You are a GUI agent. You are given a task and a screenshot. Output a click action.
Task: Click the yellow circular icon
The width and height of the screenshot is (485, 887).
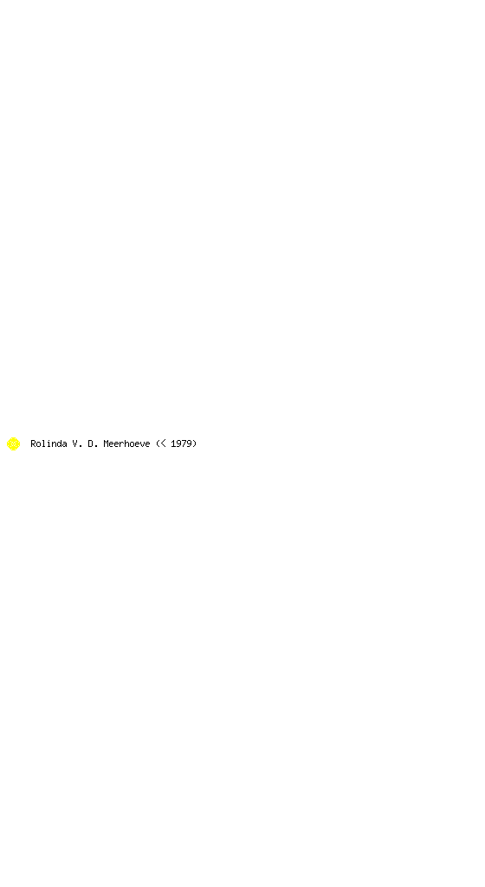[13, 443]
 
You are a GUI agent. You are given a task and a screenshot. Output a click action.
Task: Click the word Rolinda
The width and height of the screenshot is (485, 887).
[48, 443]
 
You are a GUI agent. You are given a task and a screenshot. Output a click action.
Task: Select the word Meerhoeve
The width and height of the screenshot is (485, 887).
[126, 443]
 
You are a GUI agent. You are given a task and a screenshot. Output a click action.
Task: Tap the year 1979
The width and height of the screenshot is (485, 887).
[181, 443]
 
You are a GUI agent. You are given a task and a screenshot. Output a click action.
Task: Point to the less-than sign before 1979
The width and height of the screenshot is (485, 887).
[164, 443]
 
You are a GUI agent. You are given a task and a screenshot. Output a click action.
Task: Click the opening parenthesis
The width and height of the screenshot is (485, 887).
[158, 443]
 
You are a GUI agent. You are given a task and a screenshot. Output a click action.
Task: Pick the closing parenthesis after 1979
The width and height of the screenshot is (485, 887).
[195, 443]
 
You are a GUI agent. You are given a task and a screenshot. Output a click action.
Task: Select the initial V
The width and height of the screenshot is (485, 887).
[74, 443]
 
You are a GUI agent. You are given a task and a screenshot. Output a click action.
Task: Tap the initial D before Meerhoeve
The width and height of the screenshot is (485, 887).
[90, 443]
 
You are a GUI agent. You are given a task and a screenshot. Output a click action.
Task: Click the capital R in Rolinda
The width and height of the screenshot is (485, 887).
[34, 443]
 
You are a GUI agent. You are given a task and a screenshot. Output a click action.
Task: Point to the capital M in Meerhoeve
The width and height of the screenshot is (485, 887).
[107, 443]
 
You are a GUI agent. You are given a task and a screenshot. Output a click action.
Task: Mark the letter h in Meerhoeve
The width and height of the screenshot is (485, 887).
[126, 443]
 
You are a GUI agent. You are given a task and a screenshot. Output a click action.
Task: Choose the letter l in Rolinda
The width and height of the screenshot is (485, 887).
[43, 443]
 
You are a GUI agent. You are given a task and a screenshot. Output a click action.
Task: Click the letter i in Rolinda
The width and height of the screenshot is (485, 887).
[48, 443]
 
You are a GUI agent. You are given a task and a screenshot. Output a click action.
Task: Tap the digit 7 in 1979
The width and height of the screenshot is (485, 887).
[184, 443]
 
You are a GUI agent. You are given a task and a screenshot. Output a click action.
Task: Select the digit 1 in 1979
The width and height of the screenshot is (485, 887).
[173, 443]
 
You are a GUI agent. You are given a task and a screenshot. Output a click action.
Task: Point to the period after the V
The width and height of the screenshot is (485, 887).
[80, 446]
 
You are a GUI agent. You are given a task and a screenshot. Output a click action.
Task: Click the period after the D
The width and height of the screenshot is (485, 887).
[95, 446]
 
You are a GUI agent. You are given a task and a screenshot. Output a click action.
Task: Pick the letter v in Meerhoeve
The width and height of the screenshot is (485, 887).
[142, 444]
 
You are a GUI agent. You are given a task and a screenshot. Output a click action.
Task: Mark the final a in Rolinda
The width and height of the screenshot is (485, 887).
[64, 444]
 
